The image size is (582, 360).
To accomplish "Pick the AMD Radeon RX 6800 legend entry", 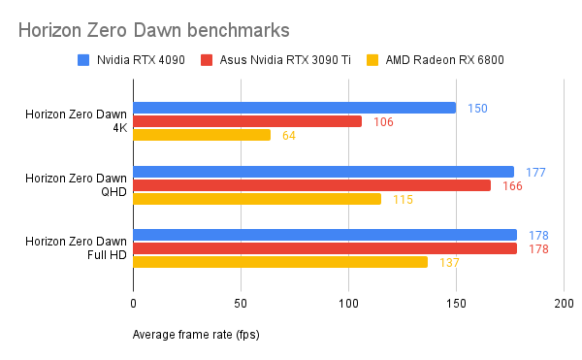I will click(440, 60).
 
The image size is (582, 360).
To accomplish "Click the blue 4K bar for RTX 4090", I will click(294, 108).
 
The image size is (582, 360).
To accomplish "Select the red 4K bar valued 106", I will click(247, 121).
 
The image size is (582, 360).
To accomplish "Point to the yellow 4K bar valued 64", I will click(202, 135).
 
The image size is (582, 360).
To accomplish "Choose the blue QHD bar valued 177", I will click(323, 172).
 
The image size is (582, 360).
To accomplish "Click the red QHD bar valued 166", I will click(311, 185).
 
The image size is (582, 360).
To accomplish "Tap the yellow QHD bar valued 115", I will click(257, 199).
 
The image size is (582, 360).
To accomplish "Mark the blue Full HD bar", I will click(325, 235).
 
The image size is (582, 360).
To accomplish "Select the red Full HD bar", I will click(325, 248).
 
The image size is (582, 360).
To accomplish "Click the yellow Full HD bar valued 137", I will click(280, 262).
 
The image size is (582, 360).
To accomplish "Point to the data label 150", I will click(477, 108).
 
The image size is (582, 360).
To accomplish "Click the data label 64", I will click(288, 135).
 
